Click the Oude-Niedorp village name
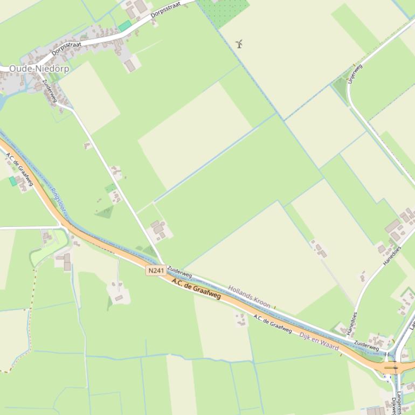[x=39, y=69]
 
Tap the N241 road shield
[x=155, y=271]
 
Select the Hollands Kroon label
[x=249, y=296]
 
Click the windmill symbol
[x=239, y=43]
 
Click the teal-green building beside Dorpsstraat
[x=125, y=25]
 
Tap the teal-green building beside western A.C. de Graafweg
[x=12, y=181]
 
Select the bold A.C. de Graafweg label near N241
[x=196, y=288]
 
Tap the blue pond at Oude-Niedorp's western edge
[x=3, y=100]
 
